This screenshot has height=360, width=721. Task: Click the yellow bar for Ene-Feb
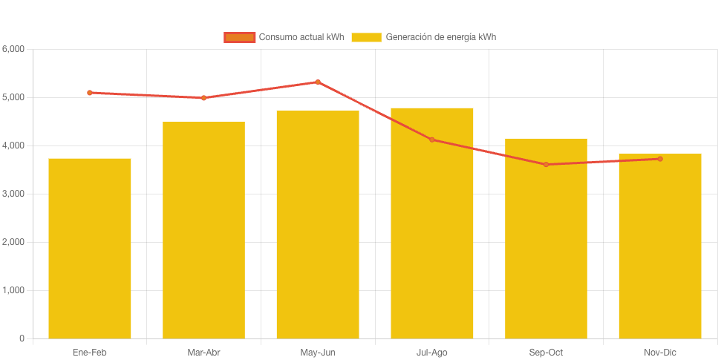coord(90,249)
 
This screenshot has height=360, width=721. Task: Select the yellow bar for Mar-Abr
coord(203,230)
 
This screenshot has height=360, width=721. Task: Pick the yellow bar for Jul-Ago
coord(431,223)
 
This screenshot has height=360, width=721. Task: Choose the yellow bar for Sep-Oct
coord(546,238)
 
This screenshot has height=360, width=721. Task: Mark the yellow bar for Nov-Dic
coord(659,246)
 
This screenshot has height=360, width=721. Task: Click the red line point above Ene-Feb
coord(90,93)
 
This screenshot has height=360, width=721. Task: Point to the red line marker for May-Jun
coord(318,82)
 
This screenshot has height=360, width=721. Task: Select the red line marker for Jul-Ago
coord(431,140)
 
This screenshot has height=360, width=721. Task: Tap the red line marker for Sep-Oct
coord(546,164)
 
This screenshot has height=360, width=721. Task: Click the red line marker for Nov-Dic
coord(659,159)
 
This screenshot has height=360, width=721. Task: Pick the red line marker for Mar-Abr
coord(203,98)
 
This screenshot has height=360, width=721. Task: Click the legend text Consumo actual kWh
coord(301,37)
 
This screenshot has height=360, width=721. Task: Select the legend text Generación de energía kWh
coord(440,37)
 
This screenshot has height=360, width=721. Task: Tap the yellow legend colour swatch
coord(366,37)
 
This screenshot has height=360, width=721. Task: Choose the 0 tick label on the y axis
coord(22,338)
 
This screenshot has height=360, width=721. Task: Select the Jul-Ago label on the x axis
coord(431,353)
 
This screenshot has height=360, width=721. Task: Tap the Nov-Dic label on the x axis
coord(659,353)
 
